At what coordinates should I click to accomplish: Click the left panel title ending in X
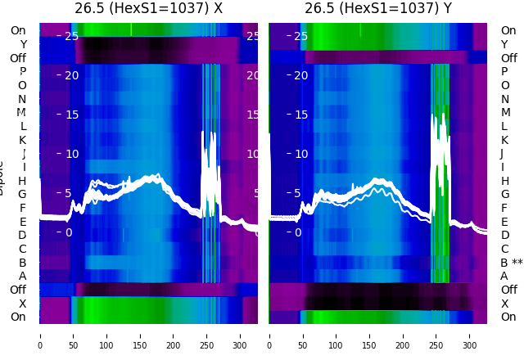click(x=148, y=8)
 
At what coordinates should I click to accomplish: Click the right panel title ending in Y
click(x=378, y=8)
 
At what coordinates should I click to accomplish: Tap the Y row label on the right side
click(x=504, y=44)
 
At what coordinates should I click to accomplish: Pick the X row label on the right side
click(x=504, y=304)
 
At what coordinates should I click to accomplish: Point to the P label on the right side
click(x=504, y=72)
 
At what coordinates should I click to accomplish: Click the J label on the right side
click(x=502, y=154)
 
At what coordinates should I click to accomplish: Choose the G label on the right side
click(x=504, y=195)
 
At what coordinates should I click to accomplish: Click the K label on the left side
click(x=22, y=140)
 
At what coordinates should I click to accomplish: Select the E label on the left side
click(x=22, y=222)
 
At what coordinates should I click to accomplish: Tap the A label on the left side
click(x=22, y=277)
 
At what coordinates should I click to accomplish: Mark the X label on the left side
click(x=23, y=304)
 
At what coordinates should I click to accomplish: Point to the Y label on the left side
click(x=23, y=44)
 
